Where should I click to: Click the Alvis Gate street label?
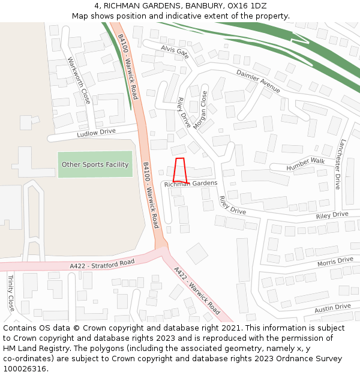coord(175,52)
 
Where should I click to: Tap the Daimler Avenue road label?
coord(258,81)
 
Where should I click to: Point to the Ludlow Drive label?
coord(96,133)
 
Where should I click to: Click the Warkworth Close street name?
coord(79,80)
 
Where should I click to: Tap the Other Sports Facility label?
coord(95,164)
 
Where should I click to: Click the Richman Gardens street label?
coord(191,184)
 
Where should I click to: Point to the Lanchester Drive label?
coord(340,164)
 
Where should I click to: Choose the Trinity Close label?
coord(10,293)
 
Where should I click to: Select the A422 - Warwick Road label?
coord(197,291)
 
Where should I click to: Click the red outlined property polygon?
coord(179,170)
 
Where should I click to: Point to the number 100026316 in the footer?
coord(25,369)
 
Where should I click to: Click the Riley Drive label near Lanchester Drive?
coord(332,214)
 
